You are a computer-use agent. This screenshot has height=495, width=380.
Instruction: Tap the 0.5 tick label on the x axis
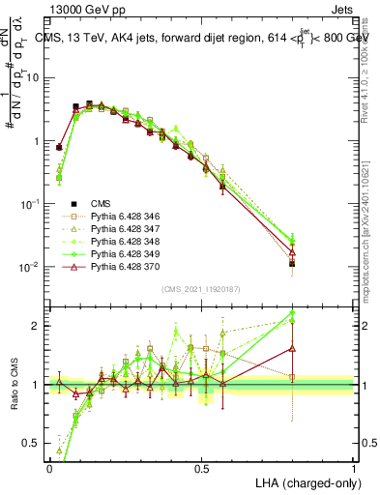click(x=201, y=468)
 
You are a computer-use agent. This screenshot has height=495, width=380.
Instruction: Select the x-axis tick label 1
click(x=354, y=468)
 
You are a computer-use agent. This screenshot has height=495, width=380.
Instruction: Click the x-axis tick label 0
click(x=49, y=468)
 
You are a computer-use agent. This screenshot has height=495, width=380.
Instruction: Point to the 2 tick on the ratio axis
click(x=37, y=326)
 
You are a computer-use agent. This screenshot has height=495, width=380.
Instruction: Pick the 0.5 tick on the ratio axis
click(x=33, y=444)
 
